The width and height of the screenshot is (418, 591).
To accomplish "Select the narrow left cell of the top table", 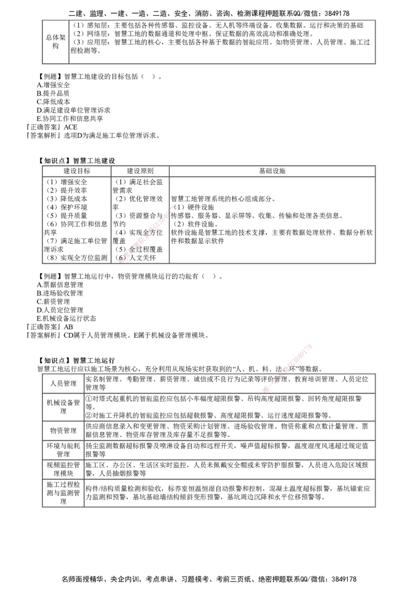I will tap(55, 42).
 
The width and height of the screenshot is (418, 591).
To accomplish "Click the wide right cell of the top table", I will tap(222, 42).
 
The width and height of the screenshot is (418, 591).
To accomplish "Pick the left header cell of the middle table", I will tap(77, 171).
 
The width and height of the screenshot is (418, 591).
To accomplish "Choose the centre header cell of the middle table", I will tap(140, 171).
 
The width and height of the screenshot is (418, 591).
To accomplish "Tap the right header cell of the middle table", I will tap(272, 171).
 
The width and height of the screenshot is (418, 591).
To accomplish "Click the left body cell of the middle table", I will tap(77, 219).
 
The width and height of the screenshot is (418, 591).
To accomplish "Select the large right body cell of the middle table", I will tap(272, 219).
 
